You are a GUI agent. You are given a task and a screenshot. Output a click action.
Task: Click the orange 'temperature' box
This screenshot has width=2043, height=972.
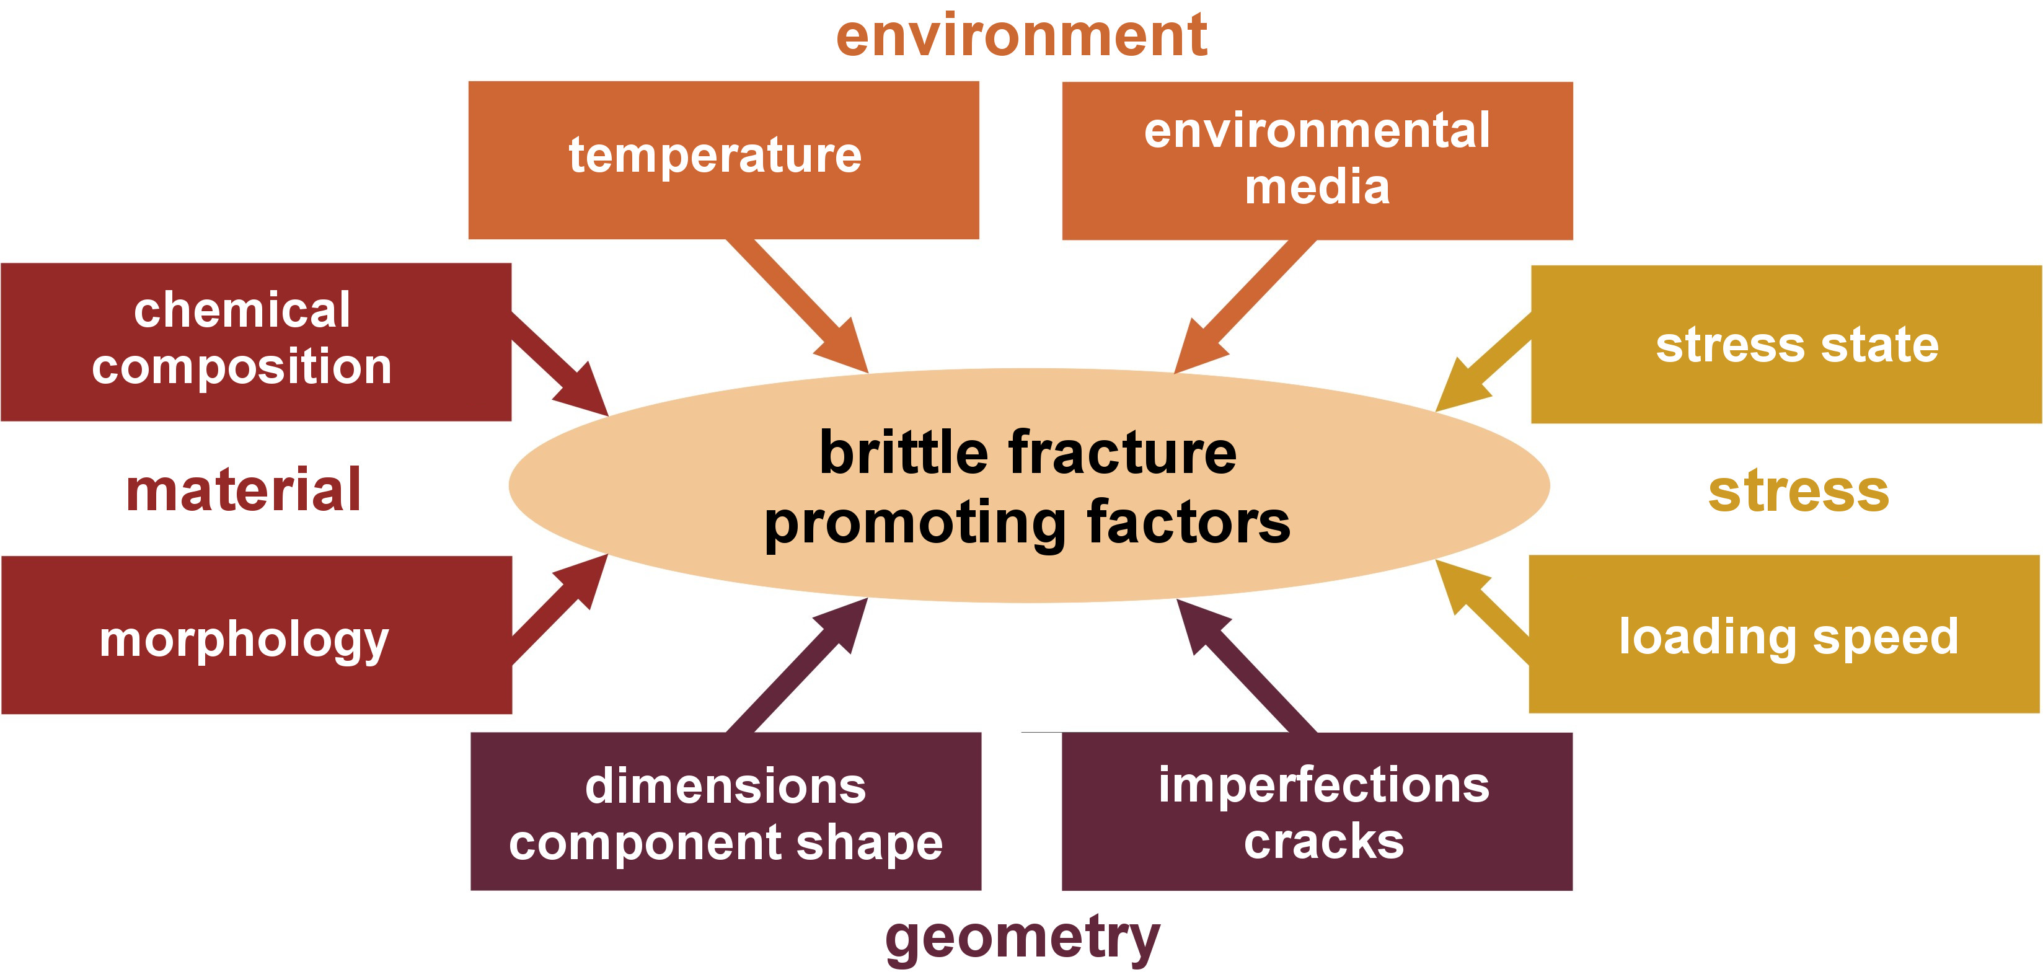point(723,159)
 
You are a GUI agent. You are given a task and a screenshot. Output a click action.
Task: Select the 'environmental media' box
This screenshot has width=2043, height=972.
point(1317,161)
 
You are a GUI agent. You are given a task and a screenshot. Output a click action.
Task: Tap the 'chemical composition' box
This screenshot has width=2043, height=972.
point(256,342)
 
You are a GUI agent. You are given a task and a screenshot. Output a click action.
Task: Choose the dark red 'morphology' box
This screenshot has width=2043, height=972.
point(256,635)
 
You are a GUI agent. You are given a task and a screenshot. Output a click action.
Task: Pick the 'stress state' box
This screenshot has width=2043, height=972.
point(1786,345)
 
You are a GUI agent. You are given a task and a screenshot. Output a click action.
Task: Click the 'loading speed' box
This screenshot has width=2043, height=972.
point(1785,634)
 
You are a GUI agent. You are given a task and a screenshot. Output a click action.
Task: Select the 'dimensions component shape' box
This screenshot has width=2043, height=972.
point(726,811)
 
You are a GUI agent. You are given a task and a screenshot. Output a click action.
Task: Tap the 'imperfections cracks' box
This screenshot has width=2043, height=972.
point(1317,811)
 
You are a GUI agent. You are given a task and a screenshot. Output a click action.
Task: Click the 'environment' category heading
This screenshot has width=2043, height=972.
point(1021,36)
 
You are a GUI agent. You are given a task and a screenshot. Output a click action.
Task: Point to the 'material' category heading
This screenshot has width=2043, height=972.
point(244,490)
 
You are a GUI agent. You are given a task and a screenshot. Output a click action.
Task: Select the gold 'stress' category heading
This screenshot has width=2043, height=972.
point(1799,492)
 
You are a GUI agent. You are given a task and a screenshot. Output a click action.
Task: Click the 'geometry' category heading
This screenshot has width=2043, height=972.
point(1022,938)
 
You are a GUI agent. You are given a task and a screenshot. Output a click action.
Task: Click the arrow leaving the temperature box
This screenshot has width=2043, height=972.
point(797,306)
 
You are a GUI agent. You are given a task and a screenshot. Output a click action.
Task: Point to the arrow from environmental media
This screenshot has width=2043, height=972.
point(1245,306)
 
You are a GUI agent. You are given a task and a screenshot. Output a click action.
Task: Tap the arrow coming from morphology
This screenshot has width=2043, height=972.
point(560,609)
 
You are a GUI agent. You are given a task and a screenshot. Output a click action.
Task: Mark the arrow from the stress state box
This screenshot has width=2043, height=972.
point(1483,362)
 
